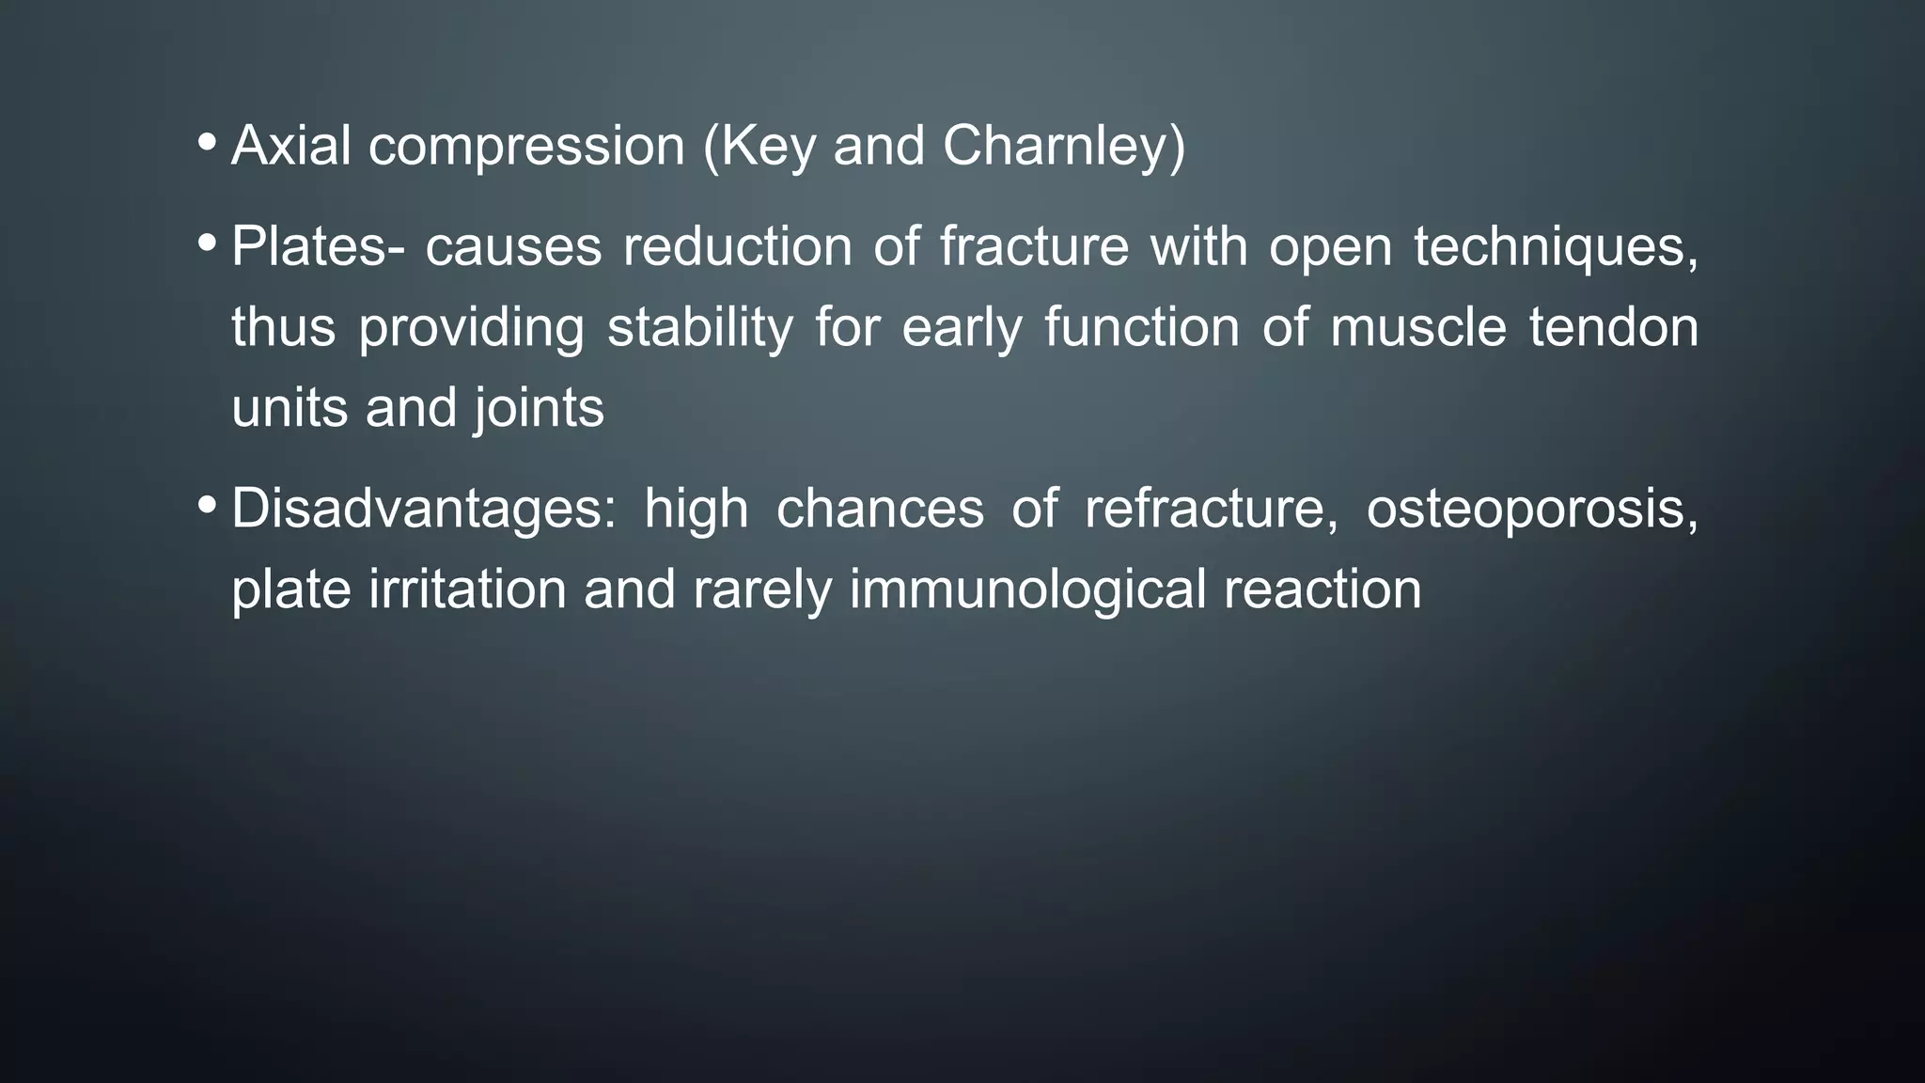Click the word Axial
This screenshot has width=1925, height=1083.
(290, 147)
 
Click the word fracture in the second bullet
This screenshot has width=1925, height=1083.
(1034, 247)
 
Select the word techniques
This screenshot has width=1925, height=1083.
(1556, 247)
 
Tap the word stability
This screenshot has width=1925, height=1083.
(699, 328)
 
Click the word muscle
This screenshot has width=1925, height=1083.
(1417, 328)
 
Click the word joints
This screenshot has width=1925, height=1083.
(539, 409)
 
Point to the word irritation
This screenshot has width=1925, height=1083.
(467, 590)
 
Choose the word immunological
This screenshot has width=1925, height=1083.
(1027, 590)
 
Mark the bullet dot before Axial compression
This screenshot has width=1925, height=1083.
(207, 144)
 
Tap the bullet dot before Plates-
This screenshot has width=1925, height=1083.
(207, 243)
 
